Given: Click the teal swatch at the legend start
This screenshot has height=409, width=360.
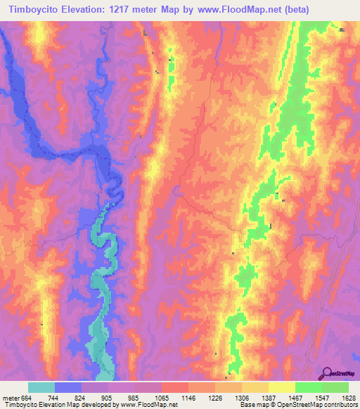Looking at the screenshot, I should click(41, 387).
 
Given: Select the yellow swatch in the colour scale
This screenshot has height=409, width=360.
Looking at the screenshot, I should click(281, 387).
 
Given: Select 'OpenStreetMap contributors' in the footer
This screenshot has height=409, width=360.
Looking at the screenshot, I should click(317, 405).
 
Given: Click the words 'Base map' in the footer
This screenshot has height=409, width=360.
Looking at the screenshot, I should click(253, 405).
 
